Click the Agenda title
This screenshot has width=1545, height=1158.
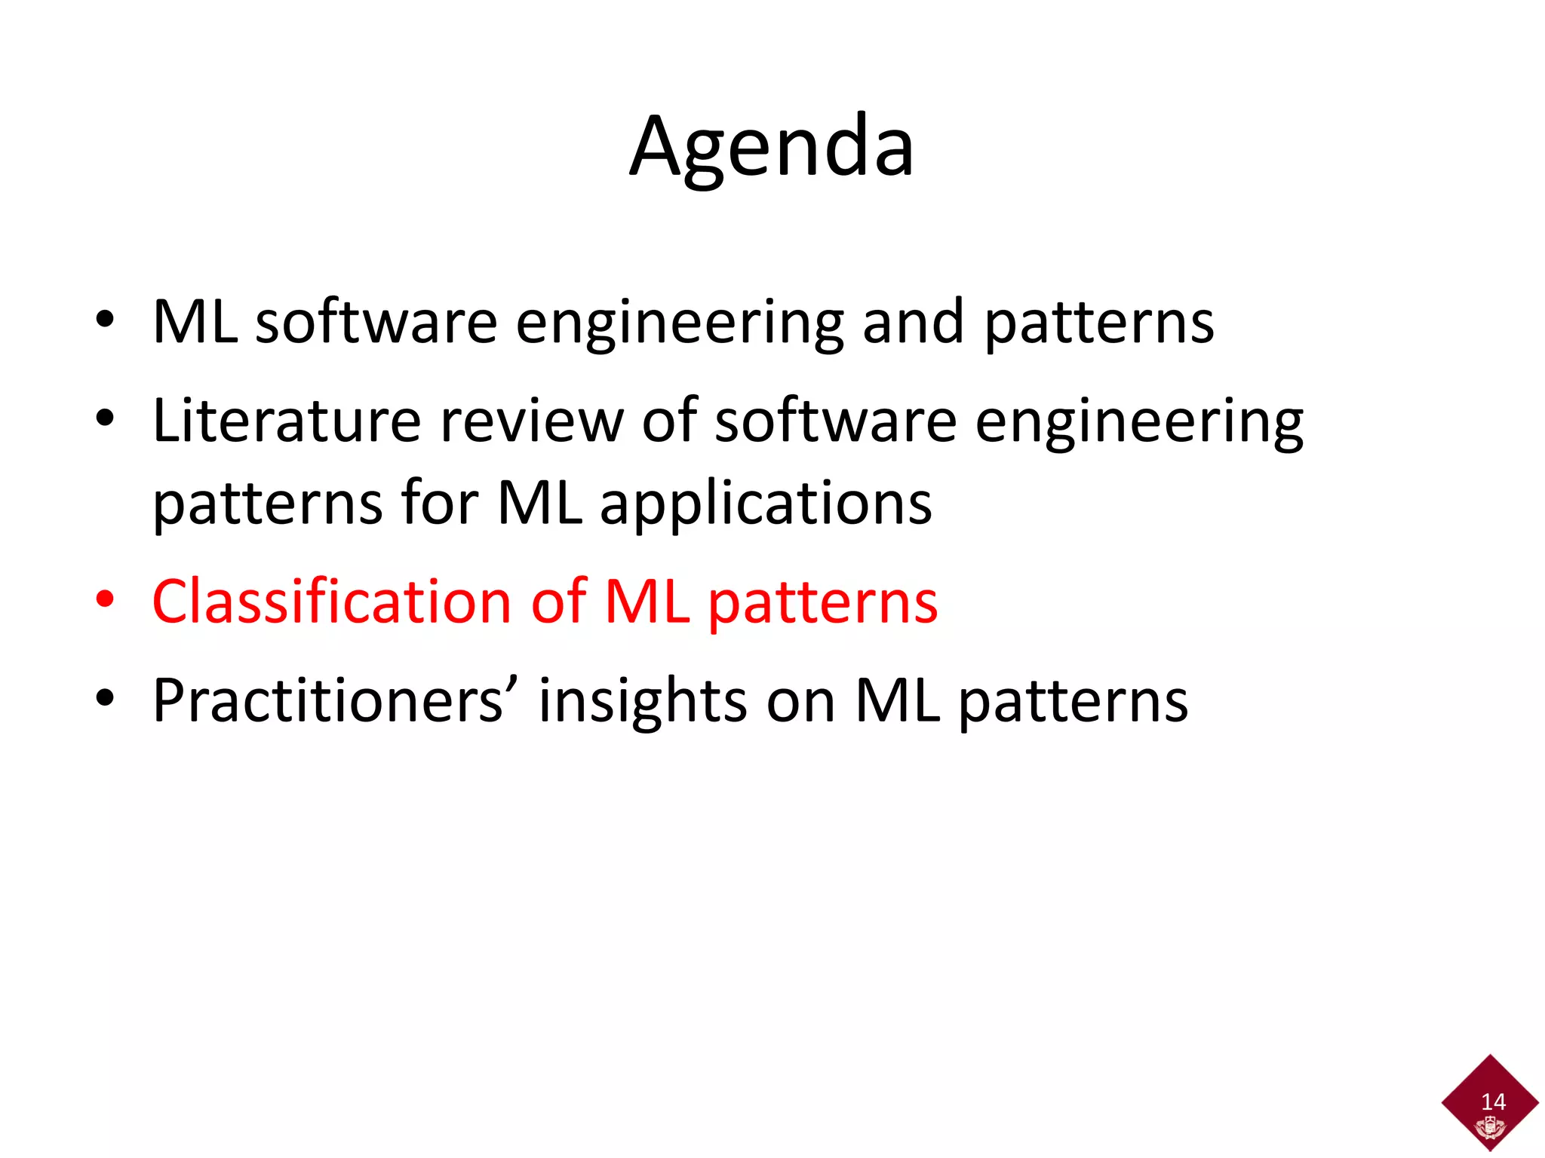tap(772, 147)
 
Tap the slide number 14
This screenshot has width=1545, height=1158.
tap(1493, 1101)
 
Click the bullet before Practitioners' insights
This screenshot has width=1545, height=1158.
tap(105, 700)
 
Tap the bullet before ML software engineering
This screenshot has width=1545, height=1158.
tap(105, 320)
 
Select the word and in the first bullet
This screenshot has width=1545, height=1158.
tap(914, 322)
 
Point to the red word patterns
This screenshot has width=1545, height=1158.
tap(823, 603)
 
